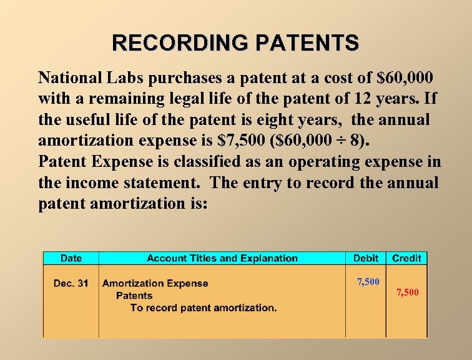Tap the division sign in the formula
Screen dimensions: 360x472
[x=336, y=141]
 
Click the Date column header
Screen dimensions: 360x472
[x=71, y=258]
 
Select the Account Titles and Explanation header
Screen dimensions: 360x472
[x=222, y=258]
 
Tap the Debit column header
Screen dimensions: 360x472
[x=366, y=258]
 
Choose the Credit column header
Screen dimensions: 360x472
[x=407, y=258]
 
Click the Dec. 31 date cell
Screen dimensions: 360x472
[x=71, y=283]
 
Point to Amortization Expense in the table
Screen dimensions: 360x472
[x=155, y=283]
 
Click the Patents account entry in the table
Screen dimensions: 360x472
[x=134, y=296]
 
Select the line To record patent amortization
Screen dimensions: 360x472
[x=204, y=307]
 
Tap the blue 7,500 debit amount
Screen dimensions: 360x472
[x=368, y=282]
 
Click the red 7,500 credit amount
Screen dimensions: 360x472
[x=408, y=292]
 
